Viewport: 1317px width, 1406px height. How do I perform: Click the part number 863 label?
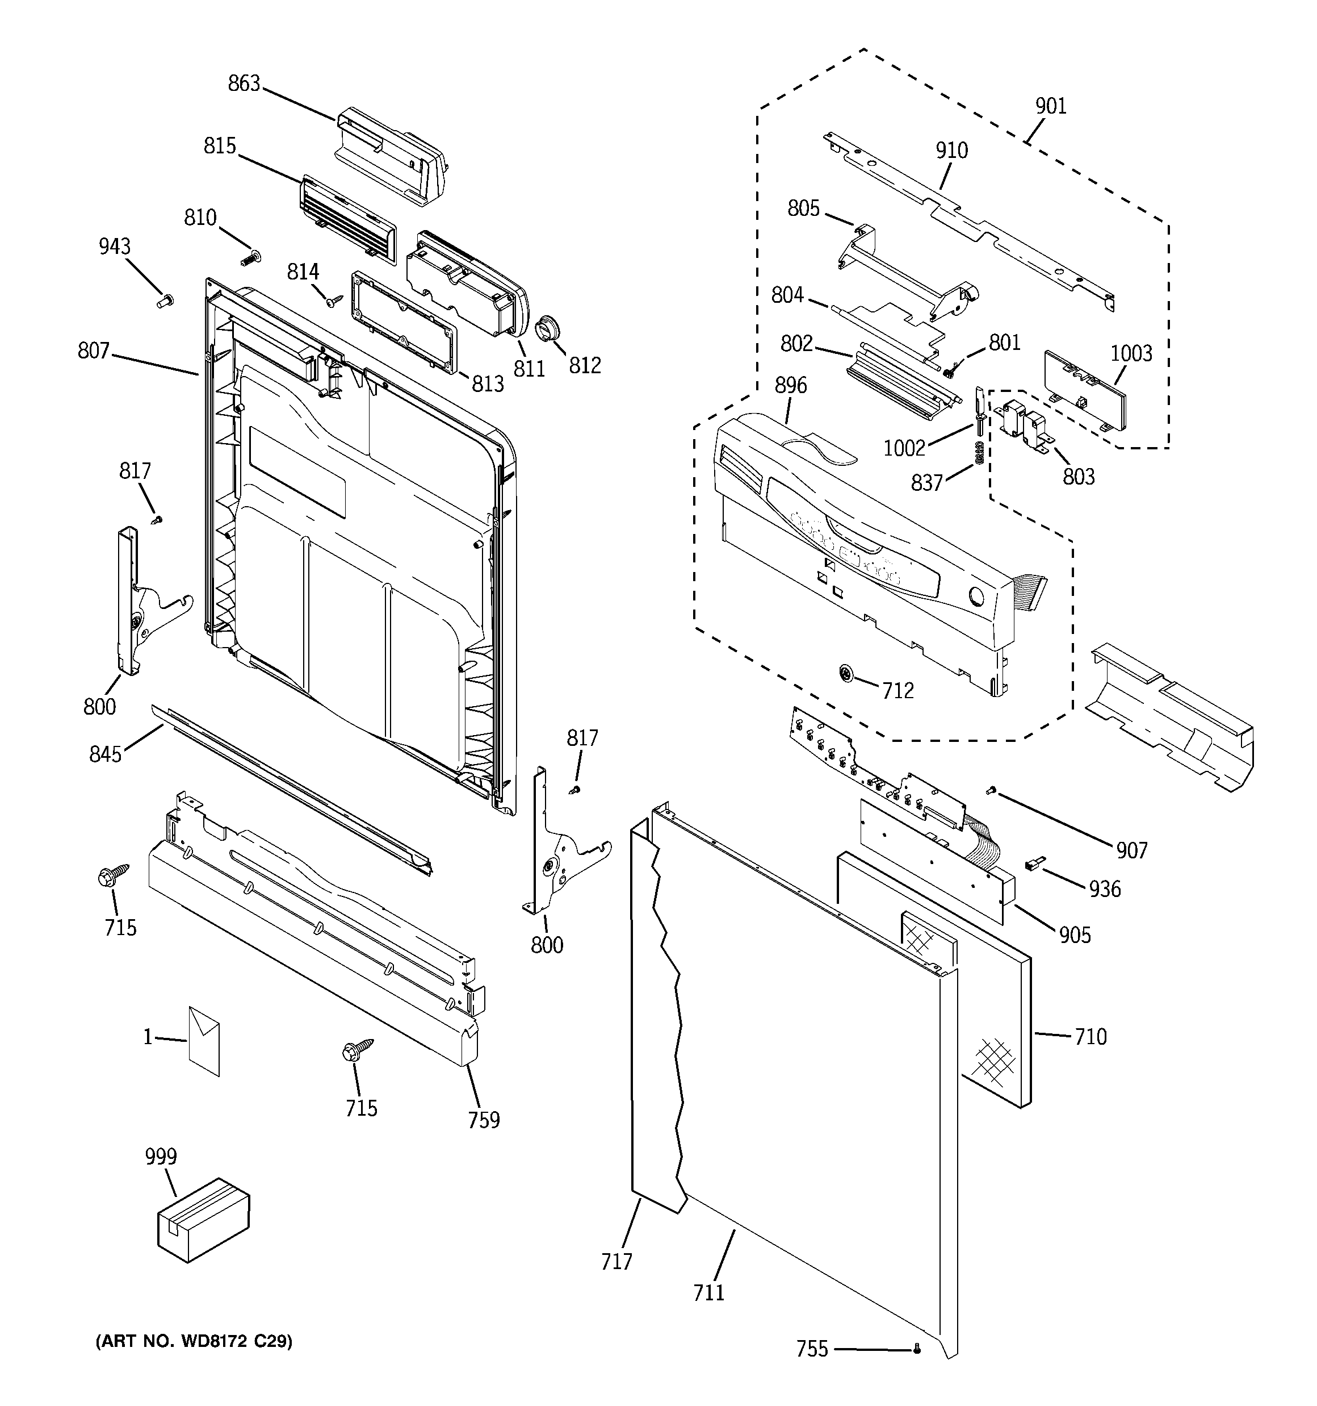tap(244, 84)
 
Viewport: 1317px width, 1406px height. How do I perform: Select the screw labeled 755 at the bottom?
tap(917, 1349)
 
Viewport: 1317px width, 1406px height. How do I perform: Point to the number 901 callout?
tap(1051, 106)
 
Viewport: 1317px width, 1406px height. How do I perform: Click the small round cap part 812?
tap(547, 329)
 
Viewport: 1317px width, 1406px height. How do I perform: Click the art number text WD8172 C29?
tap(194, 1341)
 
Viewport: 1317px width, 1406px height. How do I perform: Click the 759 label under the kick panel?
tap(484, 1120)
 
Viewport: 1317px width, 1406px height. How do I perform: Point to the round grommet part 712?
tap(845, 674)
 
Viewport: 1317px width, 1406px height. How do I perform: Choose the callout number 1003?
tap(1131, 353)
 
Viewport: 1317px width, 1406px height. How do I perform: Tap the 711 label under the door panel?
tap(708, 1293)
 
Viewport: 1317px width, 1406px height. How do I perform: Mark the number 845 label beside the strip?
tap(106, 754)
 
